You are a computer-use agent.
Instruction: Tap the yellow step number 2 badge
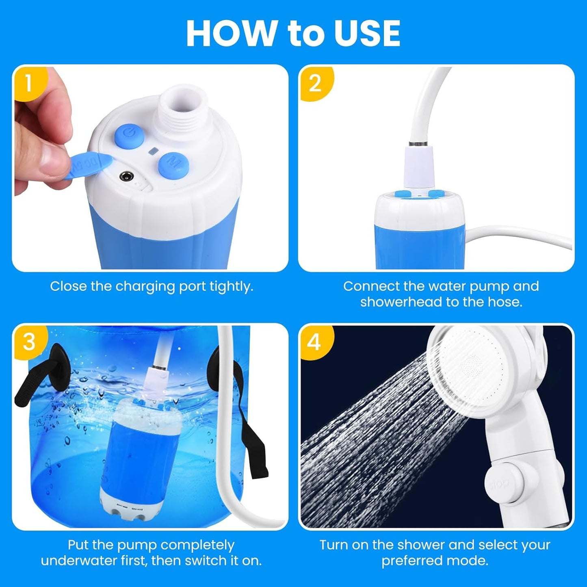tap(315, 83)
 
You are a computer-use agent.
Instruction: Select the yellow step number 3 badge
tap(29, 342)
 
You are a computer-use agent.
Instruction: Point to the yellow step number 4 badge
tap(314, 342)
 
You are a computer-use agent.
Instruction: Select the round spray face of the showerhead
tap(471, 364)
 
